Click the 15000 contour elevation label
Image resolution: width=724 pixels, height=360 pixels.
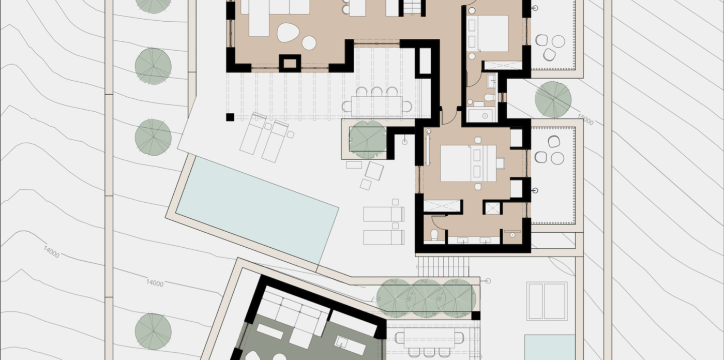pos(585,119)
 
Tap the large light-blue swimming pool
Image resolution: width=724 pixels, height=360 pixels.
pos(257,209)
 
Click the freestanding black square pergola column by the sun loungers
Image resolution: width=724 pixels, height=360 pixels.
pos(230,117)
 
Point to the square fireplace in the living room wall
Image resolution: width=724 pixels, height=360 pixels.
pos(290,63)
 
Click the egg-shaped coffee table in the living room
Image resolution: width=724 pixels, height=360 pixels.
pos(289,32)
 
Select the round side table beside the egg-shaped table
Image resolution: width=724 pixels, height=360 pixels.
pos(309,43)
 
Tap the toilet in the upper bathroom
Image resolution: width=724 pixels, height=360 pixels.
pos(489,97)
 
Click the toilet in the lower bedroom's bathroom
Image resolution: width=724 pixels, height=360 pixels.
pos(434,234)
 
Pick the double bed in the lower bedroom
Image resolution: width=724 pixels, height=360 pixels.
pos(468,163)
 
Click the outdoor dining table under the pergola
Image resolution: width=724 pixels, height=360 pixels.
pos(376,106)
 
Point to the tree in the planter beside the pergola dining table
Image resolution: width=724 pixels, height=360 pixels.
pos(368,139)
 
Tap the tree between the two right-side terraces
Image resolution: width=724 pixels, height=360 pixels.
pos(553,99)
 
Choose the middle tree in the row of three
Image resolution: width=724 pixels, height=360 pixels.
pos(427,297)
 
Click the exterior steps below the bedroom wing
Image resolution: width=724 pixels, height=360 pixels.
pos(443,266)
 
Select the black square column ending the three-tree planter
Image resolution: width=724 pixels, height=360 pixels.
pos(475,316)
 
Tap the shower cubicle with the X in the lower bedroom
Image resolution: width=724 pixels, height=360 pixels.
pos(492,208)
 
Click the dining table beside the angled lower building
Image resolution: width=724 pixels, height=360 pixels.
pos(429,338)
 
